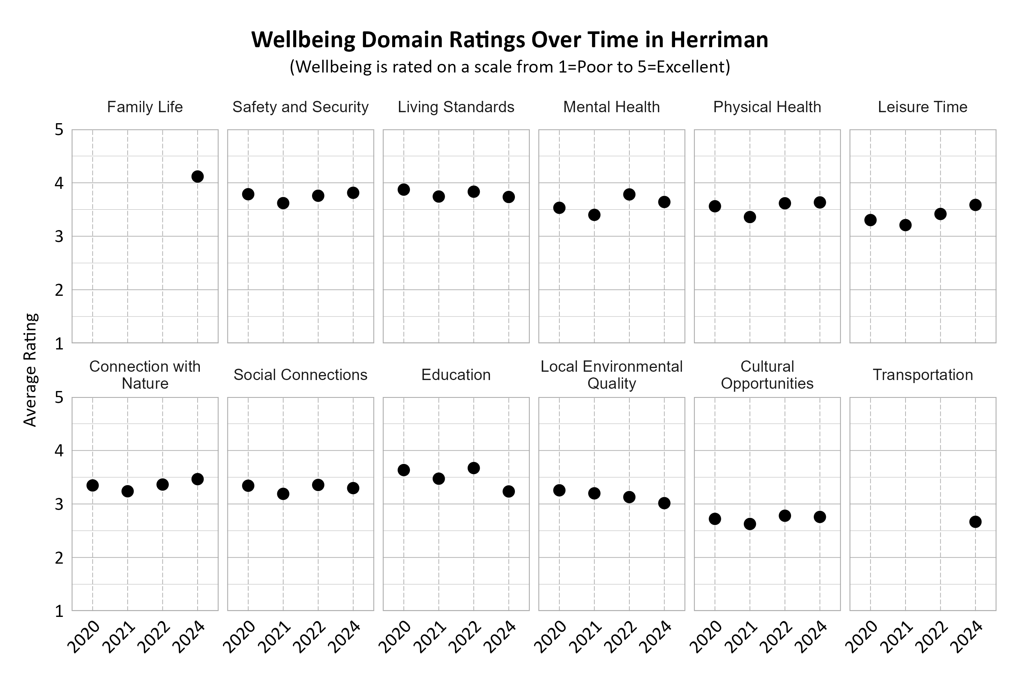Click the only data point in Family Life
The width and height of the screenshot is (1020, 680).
point(197,176)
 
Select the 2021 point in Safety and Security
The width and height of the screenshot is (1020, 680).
point(283,203)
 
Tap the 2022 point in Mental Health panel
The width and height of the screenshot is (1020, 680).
point(629,194)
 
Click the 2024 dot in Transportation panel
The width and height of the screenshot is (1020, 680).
point(975,522)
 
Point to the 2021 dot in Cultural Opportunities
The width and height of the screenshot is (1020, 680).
point(750,524)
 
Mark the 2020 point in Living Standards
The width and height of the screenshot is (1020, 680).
point(404,190)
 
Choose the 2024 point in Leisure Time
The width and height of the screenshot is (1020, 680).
point(975,205)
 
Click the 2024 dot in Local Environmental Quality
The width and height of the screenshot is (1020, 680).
point(665,503)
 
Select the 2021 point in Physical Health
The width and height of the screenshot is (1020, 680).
point(750,217)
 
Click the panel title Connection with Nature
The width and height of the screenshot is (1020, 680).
point(145,375)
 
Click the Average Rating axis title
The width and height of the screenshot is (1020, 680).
point(30,370)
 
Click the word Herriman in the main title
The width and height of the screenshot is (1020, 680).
point(719,40)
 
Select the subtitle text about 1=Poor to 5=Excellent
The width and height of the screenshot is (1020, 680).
point(510,67)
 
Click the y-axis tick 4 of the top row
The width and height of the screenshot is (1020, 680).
point(59,183)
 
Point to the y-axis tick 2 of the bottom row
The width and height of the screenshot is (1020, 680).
point(59,558)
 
